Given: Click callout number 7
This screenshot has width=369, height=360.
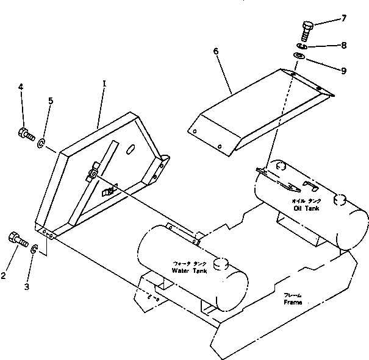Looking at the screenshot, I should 344,18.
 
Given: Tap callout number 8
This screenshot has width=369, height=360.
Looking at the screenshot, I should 344,44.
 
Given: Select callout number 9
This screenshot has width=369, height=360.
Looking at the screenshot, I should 344,71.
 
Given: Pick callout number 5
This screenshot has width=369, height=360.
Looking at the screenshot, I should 51,102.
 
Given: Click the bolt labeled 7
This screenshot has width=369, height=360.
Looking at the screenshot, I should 307,28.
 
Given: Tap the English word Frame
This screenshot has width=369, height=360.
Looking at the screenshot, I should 293,302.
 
